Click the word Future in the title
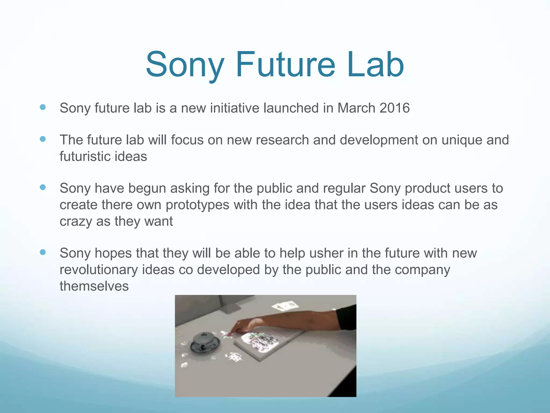coord(286,65)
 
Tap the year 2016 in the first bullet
coord(395,108)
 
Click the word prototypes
coord(197,205)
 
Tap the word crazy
coord(76,222)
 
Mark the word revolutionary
coord(99,270)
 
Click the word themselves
coord(94,286)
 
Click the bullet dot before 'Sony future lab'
coord(43,108)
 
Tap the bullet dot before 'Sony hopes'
coord(43,252)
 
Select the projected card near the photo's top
coord(285,306)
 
